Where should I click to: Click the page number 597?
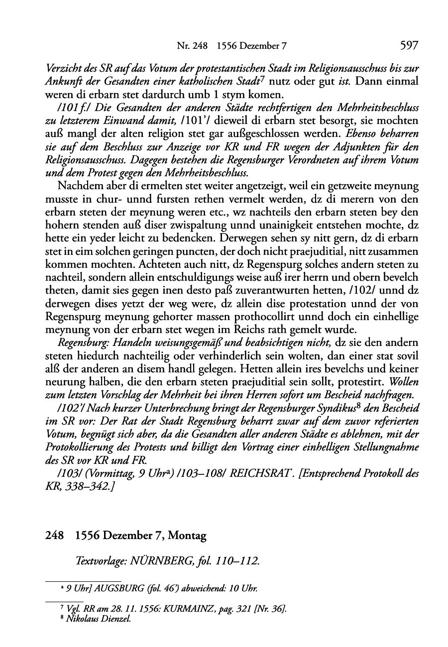coord(408,46)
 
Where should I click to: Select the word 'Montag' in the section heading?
coord(188,536)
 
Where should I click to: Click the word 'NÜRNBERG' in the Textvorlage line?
coord(154,561)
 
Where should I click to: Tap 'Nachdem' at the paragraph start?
coord(77,186)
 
